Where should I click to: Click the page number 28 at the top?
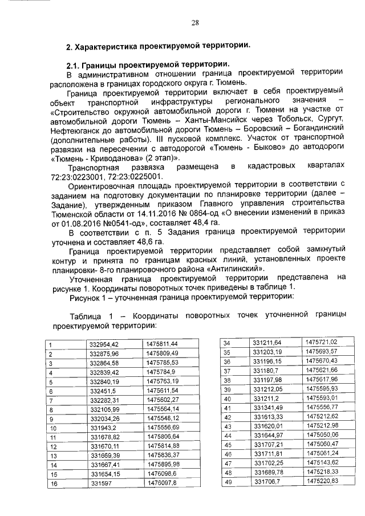point(194,22)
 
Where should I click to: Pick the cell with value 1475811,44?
point(163,344)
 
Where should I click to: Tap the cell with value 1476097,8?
point(162,484)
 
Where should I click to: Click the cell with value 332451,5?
point(103,391)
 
